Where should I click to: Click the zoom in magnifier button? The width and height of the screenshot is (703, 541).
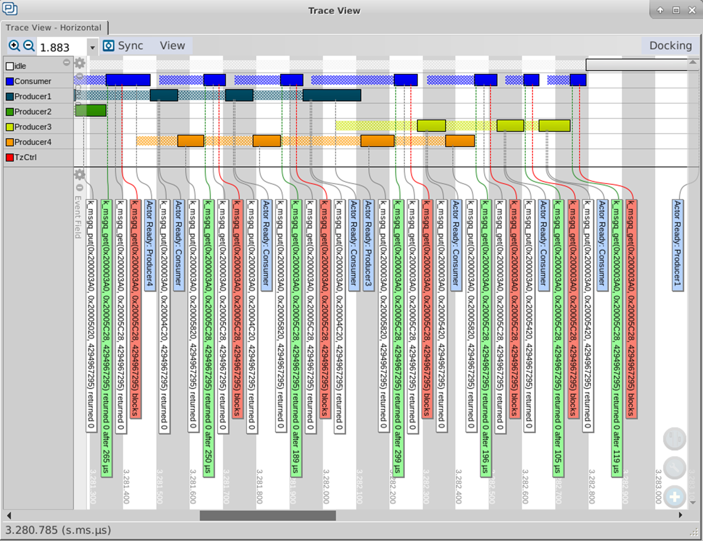[x=14, y=46]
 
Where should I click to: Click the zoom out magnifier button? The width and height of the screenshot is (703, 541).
[x=29, y=46]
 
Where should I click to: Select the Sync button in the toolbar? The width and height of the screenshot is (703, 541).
[x=124, y=46]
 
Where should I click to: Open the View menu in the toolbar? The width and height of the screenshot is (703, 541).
[x=172, y=46]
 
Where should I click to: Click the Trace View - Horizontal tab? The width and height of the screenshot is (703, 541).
[x=54, y=28]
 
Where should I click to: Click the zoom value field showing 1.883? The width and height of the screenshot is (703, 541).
[x=62, y=47]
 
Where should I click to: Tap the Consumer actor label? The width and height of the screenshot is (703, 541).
[x=33, y=81]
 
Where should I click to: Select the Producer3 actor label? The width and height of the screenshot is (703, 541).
[x=33, y=127]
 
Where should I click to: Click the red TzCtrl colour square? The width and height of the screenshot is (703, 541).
[x=10, y=157]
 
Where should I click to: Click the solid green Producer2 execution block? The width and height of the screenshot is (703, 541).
[x=91, y=110]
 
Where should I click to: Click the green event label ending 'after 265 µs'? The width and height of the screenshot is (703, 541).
[x=106, y=337]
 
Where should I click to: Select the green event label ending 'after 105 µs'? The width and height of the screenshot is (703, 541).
[x=558, y=337]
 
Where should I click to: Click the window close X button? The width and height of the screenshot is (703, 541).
[x=692, y=10]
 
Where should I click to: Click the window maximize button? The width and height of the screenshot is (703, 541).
[x=676, y=10]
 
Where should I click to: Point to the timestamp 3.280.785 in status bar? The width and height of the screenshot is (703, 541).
[x=58, y=530]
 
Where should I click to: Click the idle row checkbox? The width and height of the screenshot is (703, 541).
[x=10, y=66]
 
